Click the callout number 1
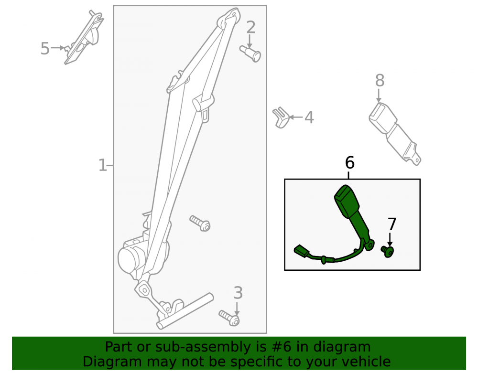(x=102, y=165)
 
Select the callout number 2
(x=250, y=27)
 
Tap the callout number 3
(x=238, y=293)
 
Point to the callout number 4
(x=309, y=117)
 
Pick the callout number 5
(x=45, y=49)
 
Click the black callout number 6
(x=350, y=162)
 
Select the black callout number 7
(x=392, y=224)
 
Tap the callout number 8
(x=380, y=81)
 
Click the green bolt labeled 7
(x=388, y=251)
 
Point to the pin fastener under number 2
(x=250, y=53)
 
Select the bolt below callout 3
(x=229, y=318)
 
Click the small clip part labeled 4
(x=281, y=117)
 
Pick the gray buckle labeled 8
(x=394, y=134)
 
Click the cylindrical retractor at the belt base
(x=132, y=259)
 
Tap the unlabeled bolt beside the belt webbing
(x=200, y=223)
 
